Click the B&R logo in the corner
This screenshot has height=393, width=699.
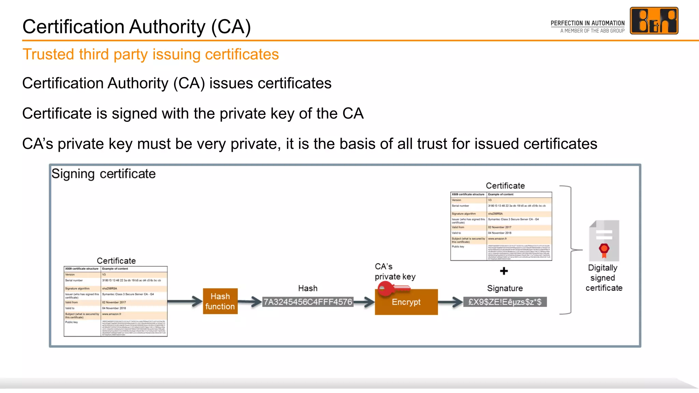pos(654,21)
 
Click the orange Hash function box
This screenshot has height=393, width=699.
pos(220,301)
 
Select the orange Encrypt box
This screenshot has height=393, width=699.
pos(406,302)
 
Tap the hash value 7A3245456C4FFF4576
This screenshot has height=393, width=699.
pos(308,302)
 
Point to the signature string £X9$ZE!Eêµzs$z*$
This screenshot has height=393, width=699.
pos(505,302)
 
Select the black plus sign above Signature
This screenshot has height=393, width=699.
pos(504,271)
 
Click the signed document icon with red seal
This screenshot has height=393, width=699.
pos(604,241)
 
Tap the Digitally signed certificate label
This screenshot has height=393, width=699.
pos(603,278)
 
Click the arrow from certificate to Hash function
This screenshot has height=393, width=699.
pos(185,301)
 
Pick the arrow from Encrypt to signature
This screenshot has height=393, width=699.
pos(450,302)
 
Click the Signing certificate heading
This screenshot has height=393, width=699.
pos(103,174)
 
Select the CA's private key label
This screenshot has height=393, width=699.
pos(395,272)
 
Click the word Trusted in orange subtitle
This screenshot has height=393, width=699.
pos(48,54)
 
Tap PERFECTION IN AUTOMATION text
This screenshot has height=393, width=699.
pos(587,23)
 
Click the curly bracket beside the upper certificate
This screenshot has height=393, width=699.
pos(569,250)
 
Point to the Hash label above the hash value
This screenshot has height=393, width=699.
pos(308,288)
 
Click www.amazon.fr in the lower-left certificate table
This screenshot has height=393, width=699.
pos(112,314)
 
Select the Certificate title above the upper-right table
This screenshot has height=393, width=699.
pos(505,186)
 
